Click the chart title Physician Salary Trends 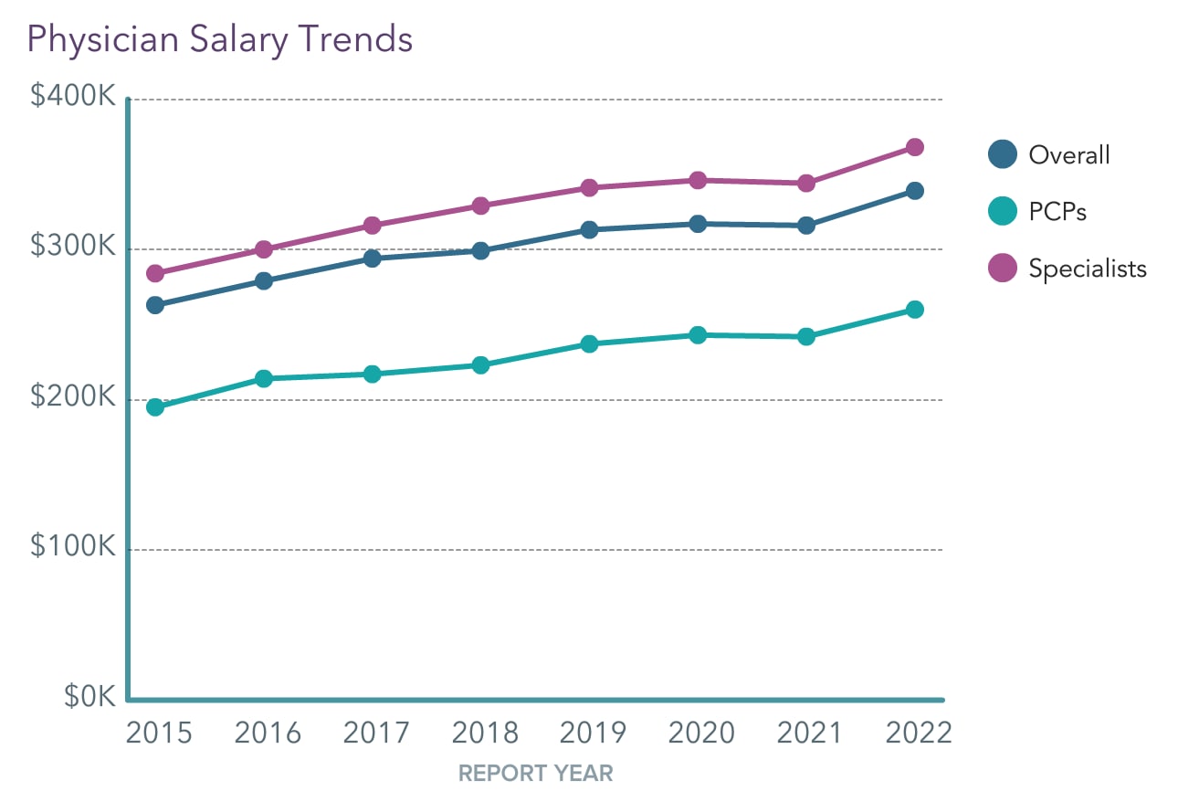click(x=220, y=39)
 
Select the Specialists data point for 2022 click(x=914, y=147)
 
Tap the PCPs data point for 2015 click(x=155, y=406)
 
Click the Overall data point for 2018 click(x=480, y=250)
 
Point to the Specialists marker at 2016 click(x=264, y=249)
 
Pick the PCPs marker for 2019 click(x=589, y=343)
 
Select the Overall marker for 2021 click(x=806, y=225)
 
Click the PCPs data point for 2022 click(x=914, y=310)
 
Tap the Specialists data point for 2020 click(x=698, y=180)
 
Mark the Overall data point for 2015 click(x=155, y=305)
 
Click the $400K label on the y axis click(x=73, y=96)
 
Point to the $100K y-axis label click(x=73, y=546)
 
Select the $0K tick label click(x=89, y=697)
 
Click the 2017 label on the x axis click(x=376, y=733)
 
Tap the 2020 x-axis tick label click(x=700, y=733)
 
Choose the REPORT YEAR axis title click(x=535, y=774)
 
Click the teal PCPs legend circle click(x=1003, y=212)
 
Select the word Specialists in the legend click(x=1087, y=269)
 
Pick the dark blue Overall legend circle click(x=1003, y=154)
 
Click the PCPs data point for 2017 click(x=372, y=374)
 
